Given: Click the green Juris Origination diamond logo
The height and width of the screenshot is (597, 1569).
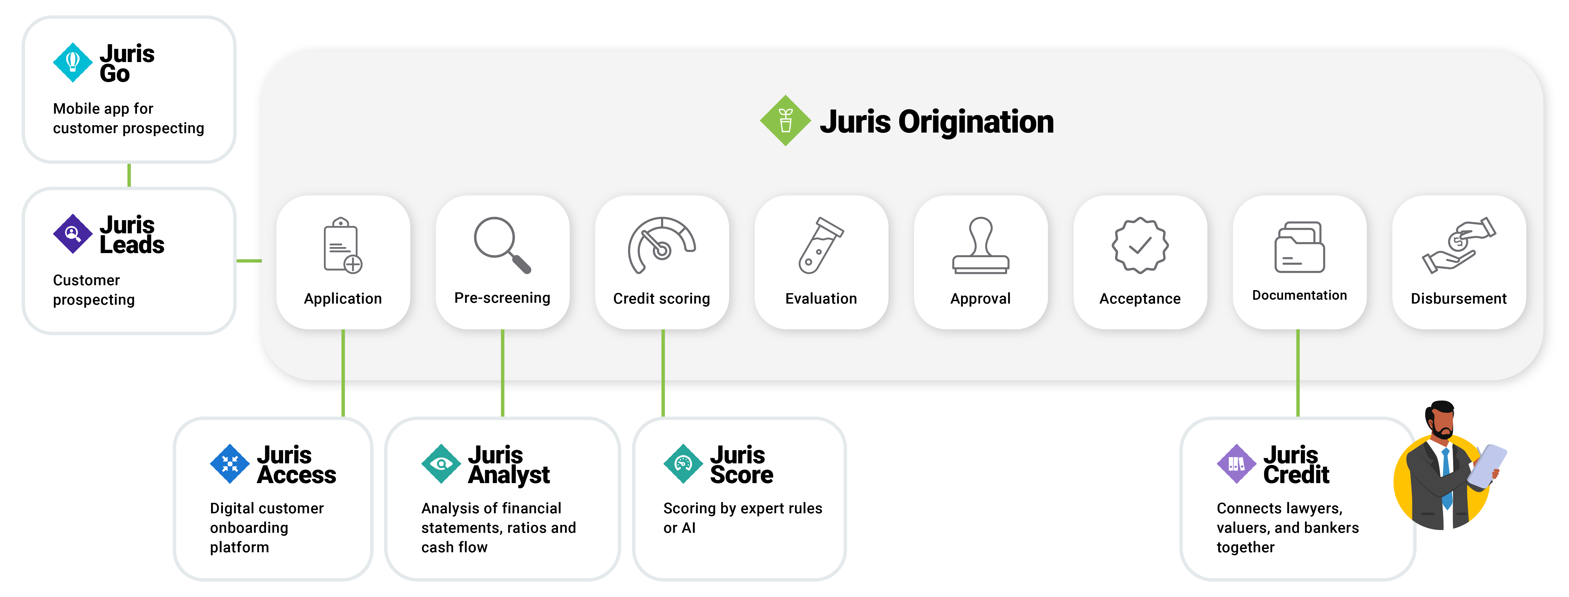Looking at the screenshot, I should click(x=785, y=120).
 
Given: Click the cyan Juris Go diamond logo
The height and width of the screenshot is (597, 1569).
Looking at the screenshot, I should click(x=72, y=62).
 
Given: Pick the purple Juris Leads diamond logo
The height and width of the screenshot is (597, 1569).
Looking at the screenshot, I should click(x=72, y=233).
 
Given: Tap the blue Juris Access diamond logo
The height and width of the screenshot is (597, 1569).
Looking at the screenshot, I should click(x=230, y=464).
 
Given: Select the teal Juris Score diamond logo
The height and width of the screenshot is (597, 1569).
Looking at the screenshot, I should click(x=683, y=464).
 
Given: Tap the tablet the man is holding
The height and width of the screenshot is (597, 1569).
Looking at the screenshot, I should click(x=1486, y=466).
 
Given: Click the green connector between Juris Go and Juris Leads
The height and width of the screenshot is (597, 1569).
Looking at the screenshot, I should click(x=129, y=175).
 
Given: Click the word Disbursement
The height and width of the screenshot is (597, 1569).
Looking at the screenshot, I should click(x=1458, y=299).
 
